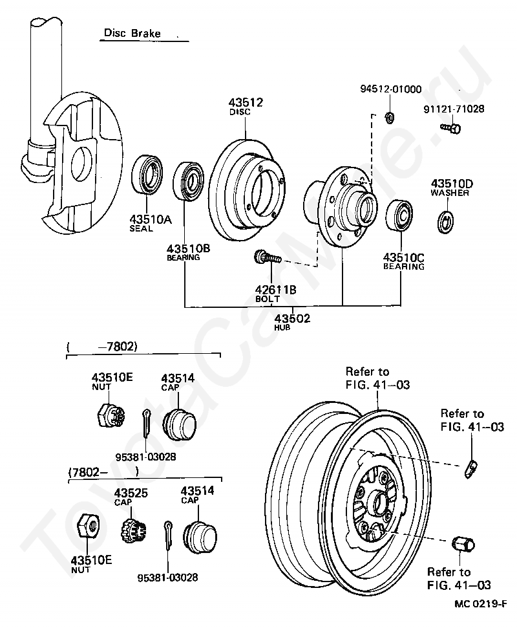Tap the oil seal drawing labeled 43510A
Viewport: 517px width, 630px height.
[149, 175]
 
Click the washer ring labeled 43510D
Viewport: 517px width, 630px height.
[445, 219]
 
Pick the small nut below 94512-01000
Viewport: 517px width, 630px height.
[390, 117]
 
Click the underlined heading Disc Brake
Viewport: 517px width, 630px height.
[132, 33]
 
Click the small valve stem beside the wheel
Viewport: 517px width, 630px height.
[471, 467]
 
